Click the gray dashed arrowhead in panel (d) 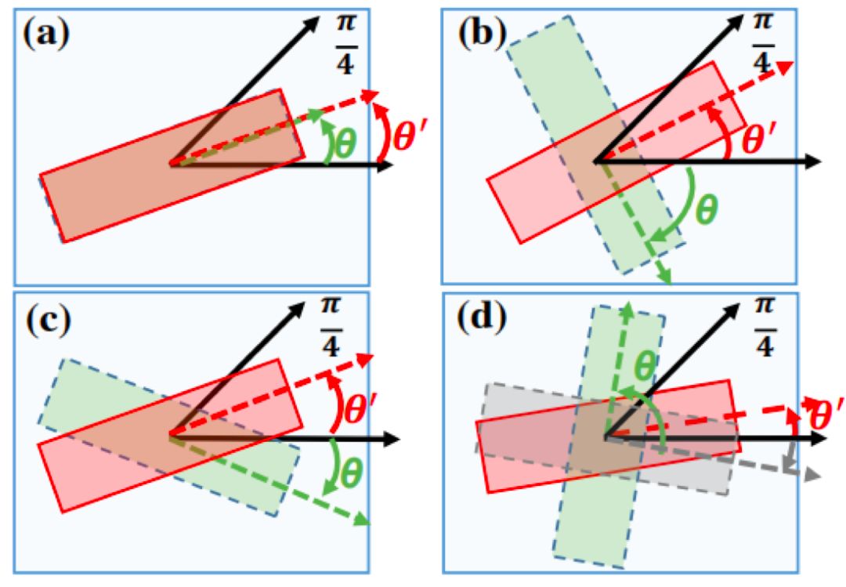[813, 475]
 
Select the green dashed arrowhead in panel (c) [363, 520]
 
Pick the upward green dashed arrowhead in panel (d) [626, 306]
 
